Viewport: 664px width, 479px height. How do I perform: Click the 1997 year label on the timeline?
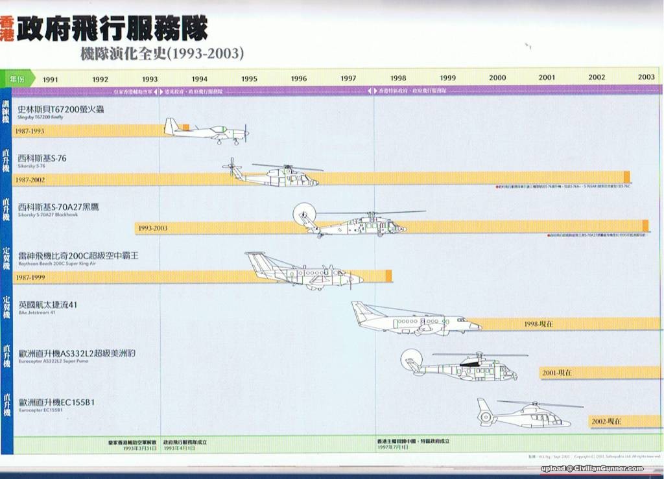(348, 78)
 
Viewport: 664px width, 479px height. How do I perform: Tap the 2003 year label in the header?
(646, 77)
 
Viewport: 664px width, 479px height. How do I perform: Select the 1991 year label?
(50, 79)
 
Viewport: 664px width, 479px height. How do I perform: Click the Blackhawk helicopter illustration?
(353, 222)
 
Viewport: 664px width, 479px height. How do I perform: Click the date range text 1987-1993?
(30, 131)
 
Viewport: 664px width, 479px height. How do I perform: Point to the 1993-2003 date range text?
(153, 228)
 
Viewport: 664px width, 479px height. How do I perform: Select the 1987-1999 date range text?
(30, 277)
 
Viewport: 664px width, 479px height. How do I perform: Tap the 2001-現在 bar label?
(556, 373)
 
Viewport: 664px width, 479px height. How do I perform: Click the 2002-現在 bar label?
(606, 421)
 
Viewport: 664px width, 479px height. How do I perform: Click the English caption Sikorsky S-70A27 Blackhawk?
(48, 215)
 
